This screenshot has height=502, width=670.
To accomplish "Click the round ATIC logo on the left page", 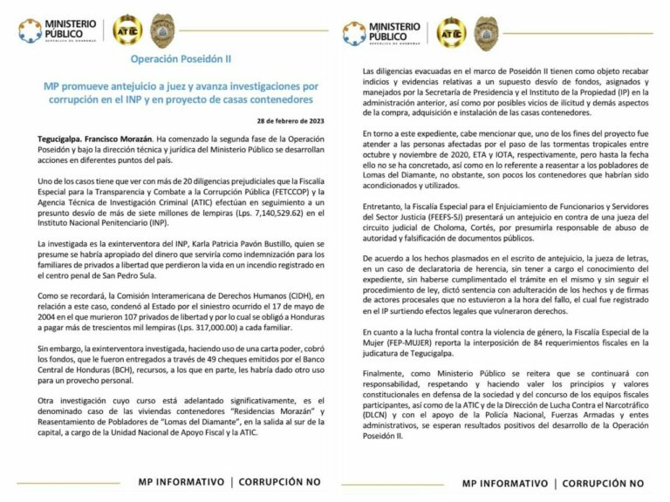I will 125,32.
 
